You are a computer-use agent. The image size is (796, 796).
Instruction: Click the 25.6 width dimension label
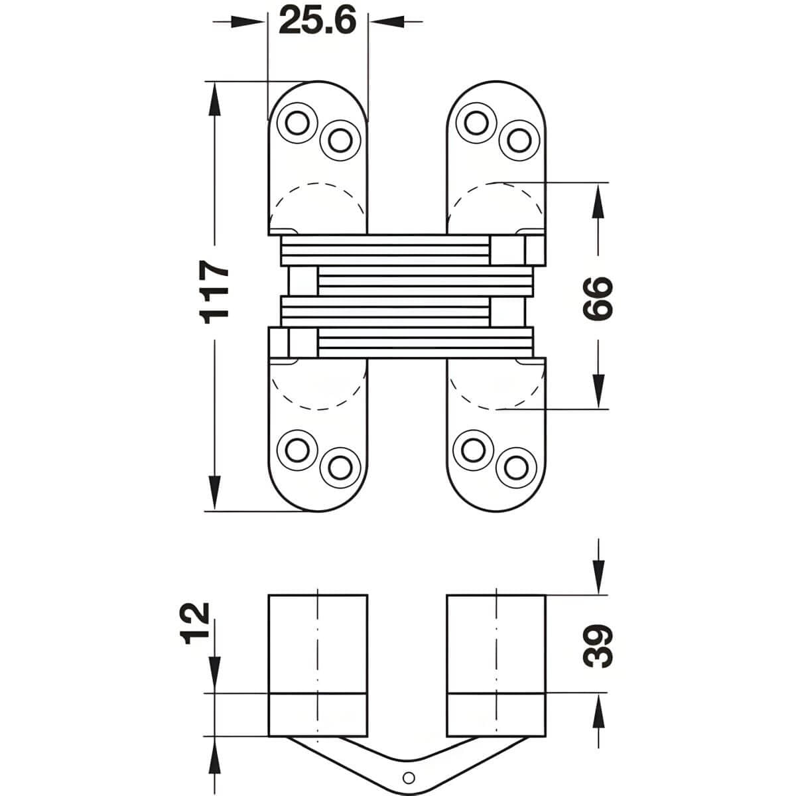tap(318, 20)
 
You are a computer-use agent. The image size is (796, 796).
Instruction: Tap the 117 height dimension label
tap(216, 292)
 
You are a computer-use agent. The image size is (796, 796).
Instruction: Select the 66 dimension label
tap(598, 297)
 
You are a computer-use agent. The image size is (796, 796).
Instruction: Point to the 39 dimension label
tap(598, 644)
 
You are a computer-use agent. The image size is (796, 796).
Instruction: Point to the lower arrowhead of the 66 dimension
tap(598, 392)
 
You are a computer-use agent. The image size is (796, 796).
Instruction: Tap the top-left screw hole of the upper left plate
tap(297, 121)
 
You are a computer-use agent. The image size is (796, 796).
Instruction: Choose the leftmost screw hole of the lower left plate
tap(295, 450)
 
